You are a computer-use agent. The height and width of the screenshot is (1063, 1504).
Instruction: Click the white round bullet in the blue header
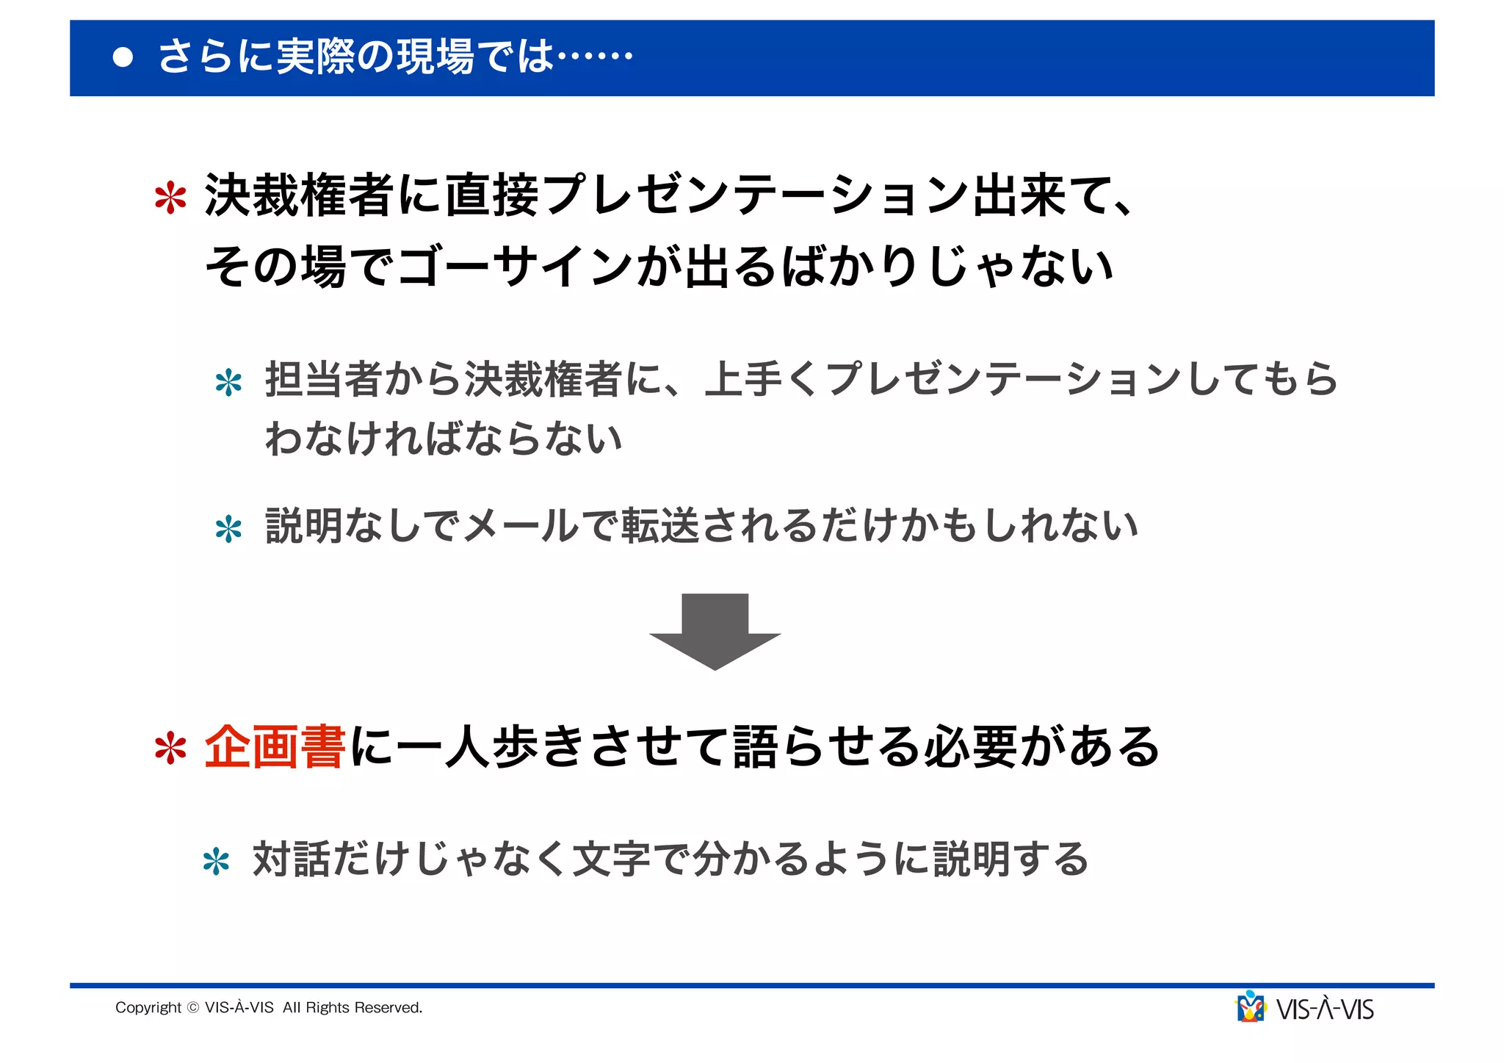coord(123,58)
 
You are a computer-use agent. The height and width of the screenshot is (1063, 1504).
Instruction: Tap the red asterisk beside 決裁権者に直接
coord(170,198)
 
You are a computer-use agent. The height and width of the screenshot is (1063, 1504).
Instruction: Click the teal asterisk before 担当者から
coord(228,383)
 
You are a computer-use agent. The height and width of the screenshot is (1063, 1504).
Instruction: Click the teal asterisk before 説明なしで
coord(228,530)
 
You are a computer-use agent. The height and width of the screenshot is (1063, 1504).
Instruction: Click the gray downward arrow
coord(715,631)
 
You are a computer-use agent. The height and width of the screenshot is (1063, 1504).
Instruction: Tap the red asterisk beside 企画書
coord(170,749)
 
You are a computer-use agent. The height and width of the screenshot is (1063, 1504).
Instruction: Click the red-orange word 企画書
coord(275,746)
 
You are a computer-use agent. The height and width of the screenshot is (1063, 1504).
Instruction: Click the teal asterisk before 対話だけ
coord(216,862)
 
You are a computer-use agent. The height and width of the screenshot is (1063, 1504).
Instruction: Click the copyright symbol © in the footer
coord(193,1008)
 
